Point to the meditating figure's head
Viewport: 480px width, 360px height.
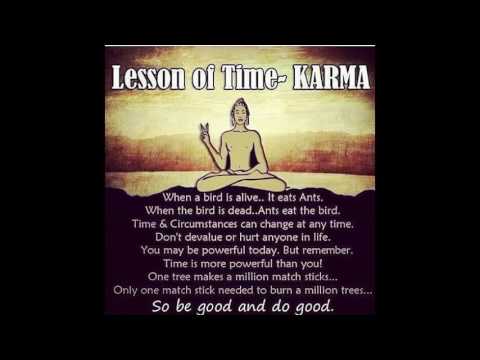[x=239, y=111]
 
